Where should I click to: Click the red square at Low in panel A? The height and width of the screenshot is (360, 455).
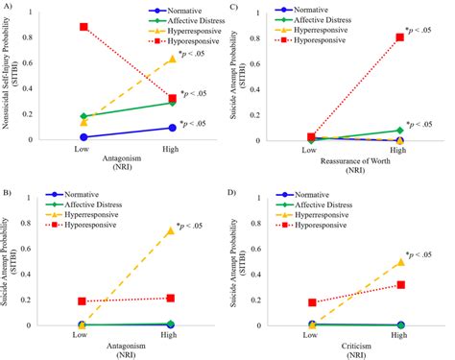(x=84, y=27)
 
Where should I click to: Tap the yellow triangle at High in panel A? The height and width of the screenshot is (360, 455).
(x=172, y=59)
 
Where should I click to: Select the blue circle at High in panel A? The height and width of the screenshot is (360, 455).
(x=172, y=127)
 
